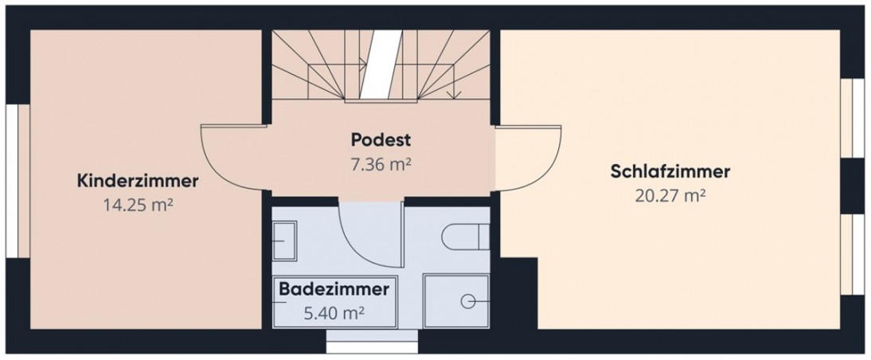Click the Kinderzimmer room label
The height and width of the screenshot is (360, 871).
pyautogui.click(x=138, y=181)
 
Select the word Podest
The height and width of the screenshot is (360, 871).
pyautogui.click(x=381, y=140)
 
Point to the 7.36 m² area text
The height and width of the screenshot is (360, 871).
pyautogui.click(x=381, y=164)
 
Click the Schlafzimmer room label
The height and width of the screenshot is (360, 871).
pyautogui.click(x=670, y=172)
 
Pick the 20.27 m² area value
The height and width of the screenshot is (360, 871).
pyautogui.click(x=670, y=196)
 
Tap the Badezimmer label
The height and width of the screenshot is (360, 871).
pyautogui.click(x=334, y=289)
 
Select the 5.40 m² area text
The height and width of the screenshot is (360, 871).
pyautogui.click(x=334, y=313)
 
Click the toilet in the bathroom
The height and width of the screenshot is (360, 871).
pyautogui.click(x=466, y=237)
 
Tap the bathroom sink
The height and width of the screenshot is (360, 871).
pyautogui.click(x=284, y=240)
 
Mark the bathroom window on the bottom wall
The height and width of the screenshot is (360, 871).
pyautogui.click(x=372, y=341)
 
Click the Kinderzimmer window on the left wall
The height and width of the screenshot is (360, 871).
pyautogui.click(x=18, y=181)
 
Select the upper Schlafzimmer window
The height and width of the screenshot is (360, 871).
pyautogui.click(x=852, y=119)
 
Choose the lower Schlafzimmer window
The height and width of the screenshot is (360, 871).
pyautogui.click(x=852, y=254)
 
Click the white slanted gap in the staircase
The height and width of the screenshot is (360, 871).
pyautogui.click(x=381, y=65)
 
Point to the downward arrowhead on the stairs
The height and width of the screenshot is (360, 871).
pyautogui.click(x=454, y=95)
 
